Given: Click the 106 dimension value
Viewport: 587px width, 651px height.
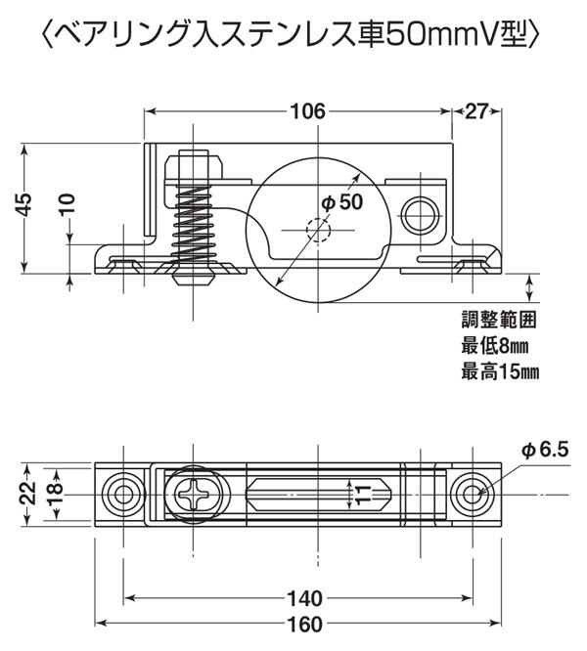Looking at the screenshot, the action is tap(307, 111).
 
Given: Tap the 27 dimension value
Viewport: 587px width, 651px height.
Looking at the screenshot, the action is tap(476, 111).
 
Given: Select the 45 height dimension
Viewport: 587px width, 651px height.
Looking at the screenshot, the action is tap(24, 204).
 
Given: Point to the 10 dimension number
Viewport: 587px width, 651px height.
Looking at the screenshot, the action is tap(68, 204).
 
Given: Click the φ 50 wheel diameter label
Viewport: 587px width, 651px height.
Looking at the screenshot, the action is tap(342, 202).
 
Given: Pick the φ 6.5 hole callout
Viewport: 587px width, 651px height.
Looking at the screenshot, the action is tap(545, 450).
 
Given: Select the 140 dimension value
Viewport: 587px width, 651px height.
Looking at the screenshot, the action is tap(304, 598).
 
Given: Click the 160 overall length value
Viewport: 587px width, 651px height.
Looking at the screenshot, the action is tap(304, 624).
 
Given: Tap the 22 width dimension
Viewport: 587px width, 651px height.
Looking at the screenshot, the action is tap(27, 494).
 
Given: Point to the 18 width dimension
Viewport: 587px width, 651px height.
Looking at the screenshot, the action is tap(55, 494).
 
